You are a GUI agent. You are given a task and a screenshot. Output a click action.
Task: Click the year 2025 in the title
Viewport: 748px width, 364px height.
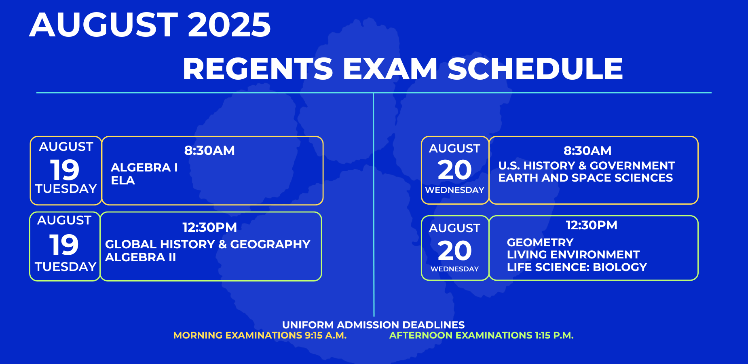click(229, 25)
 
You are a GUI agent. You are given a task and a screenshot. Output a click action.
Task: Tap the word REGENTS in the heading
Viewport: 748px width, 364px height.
click(258, 68)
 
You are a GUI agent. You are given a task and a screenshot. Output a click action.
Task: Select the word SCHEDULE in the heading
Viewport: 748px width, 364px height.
click(535, 68)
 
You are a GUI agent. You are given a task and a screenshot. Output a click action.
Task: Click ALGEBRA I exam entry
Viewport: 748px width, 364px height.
click(144, 167)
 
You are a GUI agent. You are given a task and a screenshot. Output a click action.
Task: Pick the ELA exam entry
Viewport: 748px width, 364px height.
click(123, 180)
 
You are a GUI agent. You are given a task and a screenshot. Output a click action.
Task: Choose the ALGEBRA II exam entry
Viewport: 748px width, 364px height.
click(141, 257)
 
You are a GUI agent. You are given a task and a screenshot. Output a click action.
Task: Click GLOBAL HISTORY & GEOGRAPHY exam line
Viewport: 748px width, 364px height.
click(208, 244)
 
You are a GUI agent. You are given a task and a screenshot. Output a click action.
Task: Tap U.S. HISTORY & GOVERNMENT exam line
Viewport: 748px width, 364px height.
click(587, 165)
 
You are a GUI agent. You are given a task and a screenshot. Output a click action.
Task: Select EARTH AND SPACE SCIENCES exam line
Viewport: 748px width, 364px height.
click(585, 178)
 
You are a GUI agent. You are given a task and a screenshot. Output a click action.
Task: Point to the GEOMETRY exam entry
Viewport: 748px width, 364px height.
click(540, 242)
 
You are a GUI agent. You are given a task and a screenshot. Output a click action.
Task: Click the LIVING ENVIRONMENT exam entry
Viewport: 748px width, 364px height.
click(573, 254)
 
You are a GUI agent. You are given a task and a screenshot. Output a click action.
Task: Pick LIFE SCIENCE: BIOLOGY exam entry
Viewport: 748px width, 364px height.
click(577, 267)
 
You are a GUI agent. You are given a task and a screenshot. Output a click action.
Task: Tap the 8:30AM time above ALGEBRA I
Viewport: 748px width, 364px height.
click(209, 150)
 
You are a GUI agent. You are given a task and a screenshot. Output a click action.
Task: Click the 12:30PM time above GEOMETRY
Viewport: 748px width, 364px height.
click(592, 225)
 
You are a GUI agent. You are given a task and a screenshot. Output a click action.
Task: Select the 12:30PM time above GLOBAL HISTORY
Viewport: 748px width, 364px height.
click(209, 227)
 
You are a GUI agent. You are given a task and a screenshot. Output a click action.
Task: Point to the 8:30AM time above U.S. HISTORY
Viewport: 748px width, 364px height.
click(587, 150)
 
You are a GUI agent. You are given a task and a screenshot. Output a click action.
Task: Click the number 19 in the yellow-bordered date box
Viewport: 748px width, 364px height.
click(65, 170)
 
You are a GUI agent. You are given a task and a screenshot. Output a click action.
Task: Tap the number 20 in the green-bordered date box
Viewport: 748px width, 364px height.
click(455, 251)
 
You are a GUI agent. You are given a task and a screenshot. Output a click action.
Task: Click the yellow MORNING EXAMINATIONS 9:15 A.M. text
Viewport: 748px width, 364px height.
click(260, 335)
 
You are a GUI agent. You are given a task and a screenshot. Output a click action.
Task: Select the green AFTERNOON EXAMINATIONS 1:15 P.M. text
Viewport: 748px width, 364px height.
click(482, 335)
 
